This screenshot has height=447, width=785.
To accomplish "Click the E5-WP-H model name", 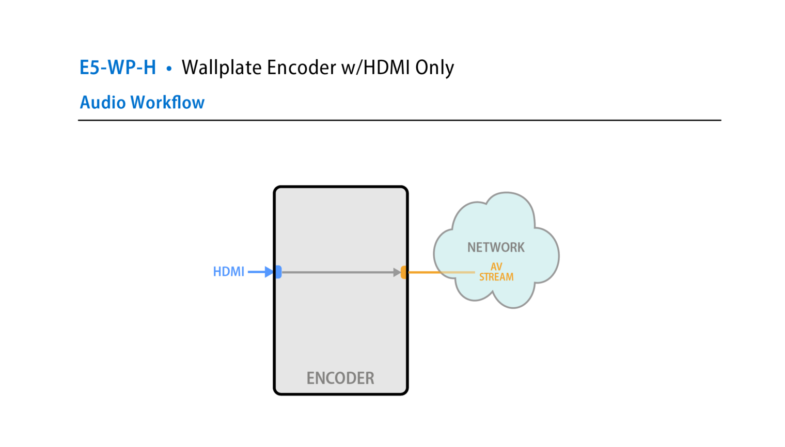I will (117, 68).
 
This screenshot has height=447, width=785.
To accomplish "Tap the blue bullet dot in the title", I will (169, 68).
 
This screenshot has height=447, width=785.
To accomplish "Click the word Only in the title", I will (434, 68).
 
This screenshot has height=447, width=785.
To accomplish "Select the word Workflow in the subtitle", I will (167, 103).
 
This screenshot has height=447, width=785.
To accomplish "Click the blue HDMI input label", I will (228, 272).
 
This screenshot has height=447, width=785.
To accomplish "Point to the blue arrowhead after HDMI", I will (269, 272).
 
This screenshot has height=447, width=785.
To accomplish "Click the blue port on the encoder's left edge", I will (278, 272).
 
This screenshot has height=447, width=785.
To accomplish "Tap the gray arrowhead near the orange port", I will (397, 272).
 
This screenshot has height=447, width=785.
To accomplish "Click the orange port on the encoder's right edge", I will (404, 272).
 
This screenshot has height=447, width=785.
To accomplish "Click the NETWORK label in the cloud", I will (496, 247).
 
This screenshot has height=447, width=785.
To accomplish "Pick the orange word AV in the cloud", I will (496, 267).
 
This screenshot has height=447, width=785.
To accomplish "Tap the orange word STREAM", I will (496, 277).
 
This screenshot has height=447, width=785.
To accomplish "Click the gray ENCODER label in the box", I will (340, 378).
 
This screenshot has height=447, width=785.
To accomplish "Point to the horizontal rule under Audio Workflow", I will (399, 120).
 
